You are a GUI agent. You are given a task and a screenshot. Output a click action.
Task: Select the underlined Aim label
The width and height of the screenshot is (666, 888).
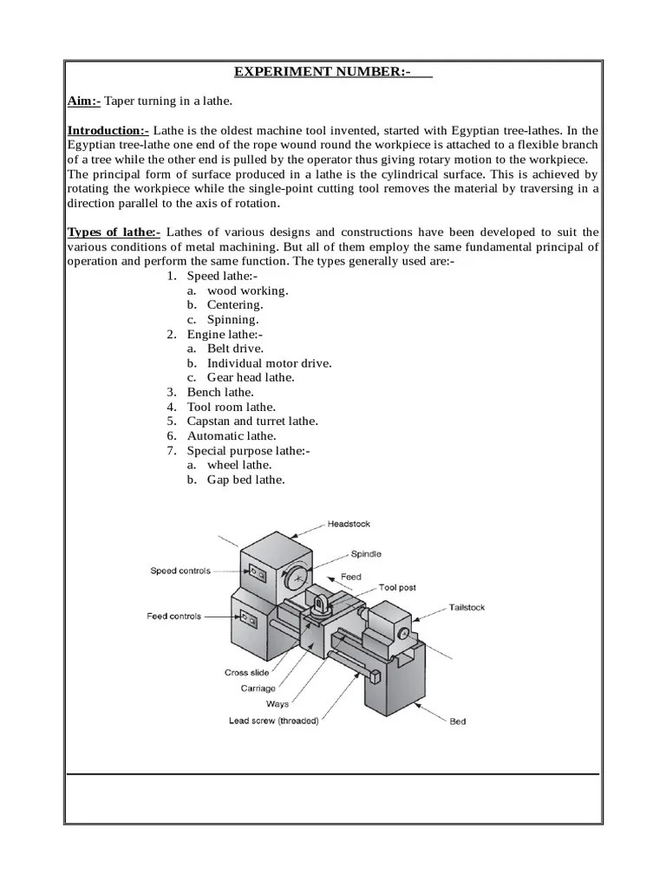tap(84, 101)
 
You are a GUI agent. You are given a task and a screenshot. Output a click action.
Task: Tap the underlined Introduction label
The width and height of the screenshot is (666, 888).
tap(108, 130)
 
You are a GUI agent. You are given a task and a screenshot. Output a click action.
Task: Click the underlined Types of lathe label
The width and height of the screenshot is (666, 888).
tap(114, 232)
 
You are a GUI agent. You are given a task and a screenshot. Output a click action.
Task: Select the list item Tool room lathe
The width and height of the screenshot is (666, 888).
tap(232, 407)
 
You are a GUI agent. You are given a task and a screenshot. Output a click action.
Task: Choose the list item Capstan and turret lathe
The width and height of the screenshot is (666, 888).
tap(252, 421)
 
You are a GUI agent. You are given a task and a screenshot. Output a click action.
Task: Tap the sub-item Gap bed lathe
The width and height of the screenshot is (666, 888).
tap(245, 480)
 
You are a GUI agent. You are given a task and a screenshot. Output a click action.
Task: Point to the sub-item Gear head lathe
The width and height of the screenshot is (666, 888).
tap(251, 377)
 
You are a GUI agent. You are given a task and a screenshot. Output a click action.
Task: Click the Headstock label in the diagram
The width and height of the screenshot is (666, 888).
tap(349, 524)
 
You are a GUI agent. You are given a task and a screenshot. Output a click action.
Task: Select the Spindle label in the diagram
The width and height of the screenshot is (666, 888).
tap(366, 553)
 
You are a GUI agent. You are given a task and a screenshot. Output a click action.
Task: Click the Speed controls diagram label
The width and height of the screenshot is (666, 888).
tap(180, 571)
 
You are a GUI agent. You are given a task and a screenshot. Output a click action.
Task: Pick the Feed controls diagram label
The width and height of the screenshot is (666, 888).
tap(173, 616)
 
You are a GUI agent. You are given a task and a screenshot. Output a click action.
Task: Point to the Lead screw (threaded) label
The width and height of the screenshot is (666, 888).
tap(273, 720)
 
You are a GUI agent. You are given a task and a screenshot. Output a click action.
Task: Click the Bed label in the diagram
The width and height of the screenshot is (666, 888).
tap(457, 721)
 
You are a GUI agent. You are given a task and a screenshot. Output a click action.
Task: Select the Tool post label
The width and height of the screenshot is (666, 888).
tap(395, 587)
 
